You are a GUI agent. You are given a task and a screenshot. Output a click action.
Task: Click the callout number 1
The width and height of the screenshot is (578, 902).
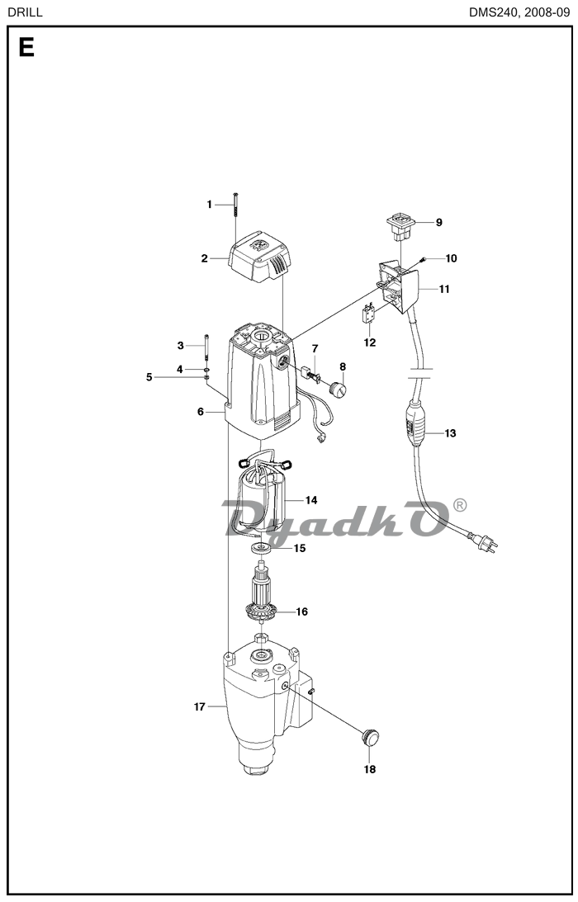pos(210,204)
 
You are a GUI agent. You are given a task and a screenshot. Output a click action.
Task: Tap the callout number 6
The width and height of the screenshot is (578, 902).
pos(201,411)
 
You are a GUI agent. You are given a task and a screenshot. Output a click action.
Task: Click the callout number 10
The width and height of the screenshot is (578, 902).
pos(451,258)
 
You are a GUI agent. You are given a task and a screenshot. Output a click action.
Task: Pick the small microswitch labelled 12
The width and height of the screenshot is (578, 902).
pos(369,314)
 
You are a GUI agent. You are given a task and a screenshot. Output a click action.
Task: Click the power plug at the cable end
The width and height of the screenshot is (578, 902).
pos(486,541)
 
